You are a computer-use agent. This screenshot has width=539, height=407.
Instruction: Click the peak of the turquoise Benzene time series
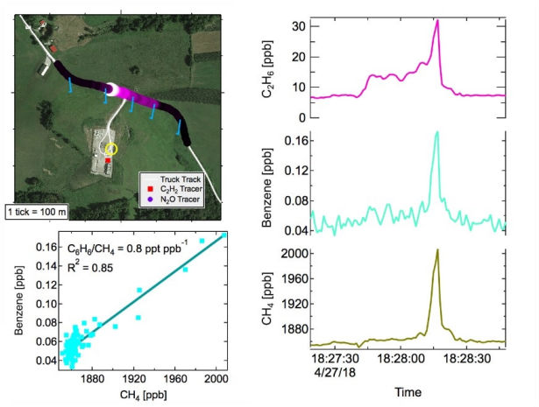coord(436,132)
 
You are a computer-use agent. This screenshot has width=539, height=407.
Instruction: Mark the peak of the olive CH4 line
coord(436,250)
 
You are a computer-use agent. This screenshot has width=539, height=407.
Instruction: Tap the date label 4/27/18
coord(332,370)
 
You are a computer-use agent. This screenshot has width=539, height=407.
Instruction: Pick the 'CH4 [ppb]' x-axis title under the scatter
coord(133,394)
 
